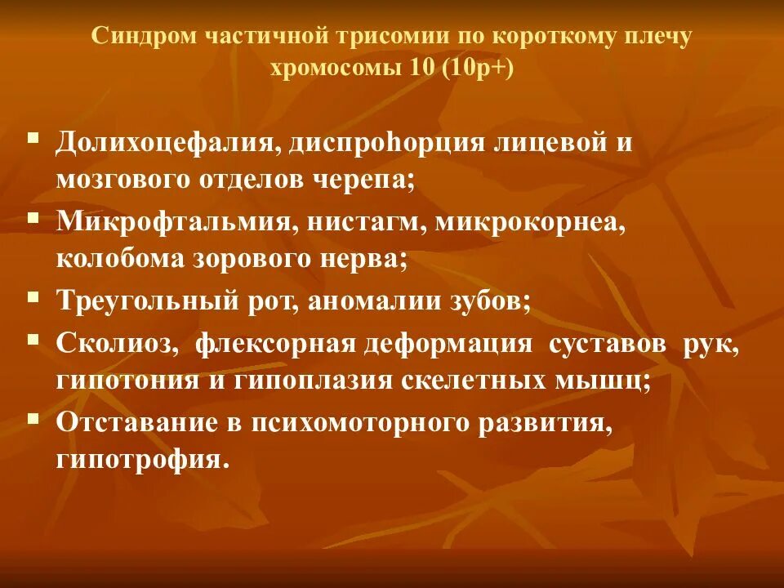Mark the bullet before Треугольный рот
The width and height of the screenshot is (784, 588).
(33, 296)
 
